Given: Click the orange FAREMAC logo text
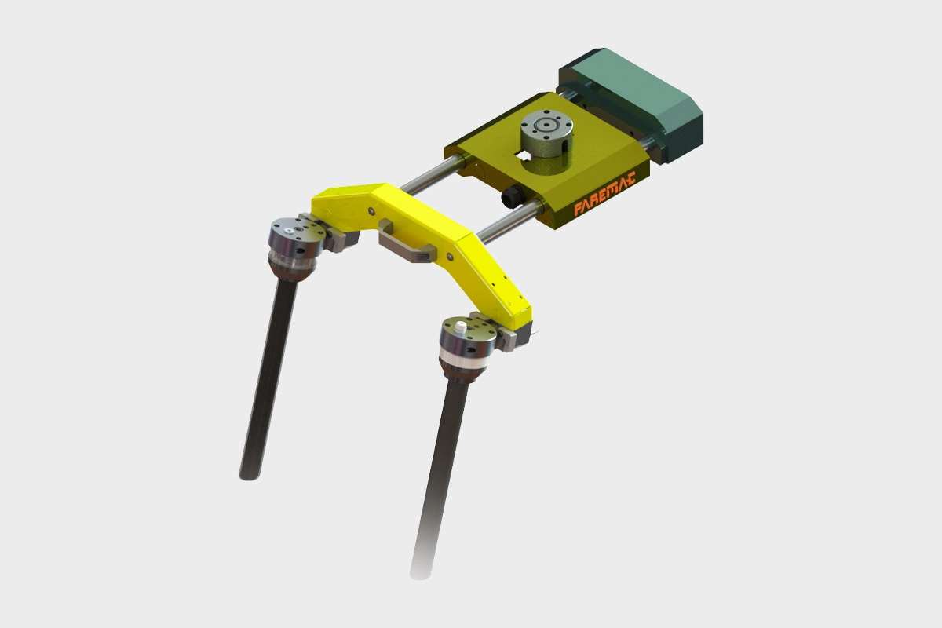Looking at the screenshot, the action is pyautogui.click(x=604, y=195).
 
